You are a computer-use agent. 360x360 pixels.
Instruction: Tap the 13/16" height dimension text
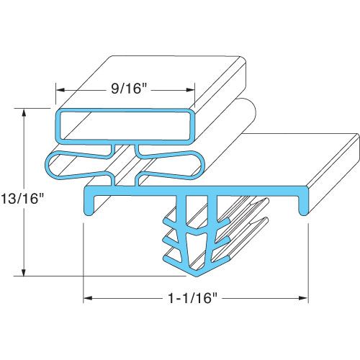pos(17,198)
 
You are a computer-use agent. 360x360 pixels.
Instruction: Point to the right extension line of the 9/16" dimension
pos(195,97)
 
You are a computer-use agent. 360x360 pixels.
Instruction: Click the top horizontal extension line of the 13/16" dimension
pos(36,109)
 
